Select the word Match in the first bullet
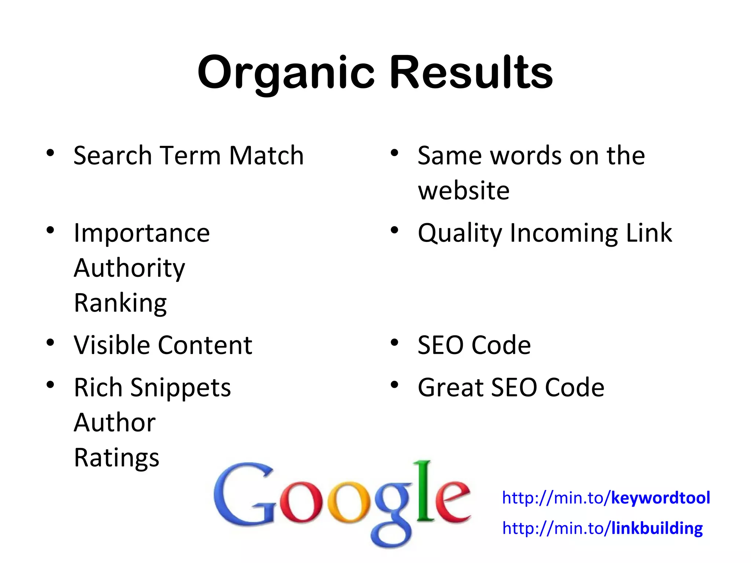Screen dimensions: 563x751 pyautogui.click(x=267, y=155)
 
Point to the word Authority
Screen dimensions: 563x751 pyautogui.click(x=129, y=268)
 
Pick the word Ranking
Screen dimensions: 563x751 pyautogui.click(x=120, y=303)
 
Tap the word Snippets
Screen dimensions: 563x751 pyautogui.click(x=180, y=388)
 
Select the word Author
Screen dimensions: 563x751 pyautogui.click(x=115, y=423)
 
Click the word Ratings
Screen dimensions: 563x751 pyautogui.click(x=117, y=458)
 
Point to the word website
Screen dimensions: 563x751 pyautogui.click(x=464, y=191)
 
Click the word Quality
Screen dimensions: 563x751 pyautogui.click(x=460, y=233)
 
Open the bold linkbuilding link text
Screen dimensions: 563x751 pyautogui.click(x=657, y=528)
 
